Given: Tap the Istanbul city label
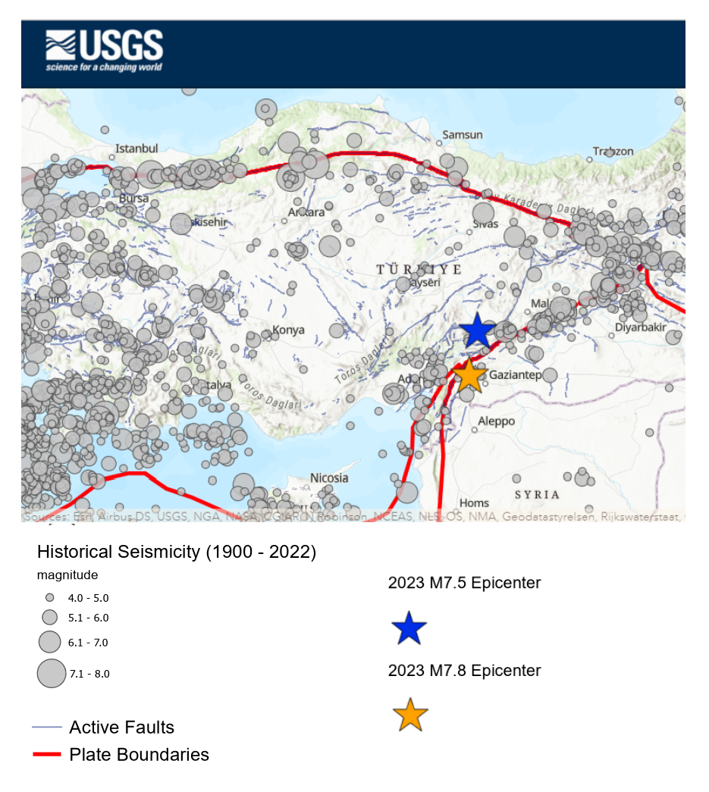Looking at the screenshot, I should (136, 149).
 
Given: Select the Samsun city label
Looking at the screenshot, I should (462, 135).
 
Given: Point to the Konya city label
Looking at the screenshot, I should (288, 330).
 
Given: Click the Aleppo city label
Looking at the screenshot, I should (496, 421).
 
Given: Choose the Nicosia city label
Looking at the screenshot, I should (329, 478).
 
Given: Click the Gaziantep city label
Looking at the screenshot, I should (516, 375).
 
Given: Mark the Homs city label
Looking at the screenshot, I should (475, 502).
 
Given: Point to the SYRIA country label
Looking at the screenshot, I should (537, 494).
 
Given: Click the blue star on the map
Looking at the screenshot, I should (478, 331).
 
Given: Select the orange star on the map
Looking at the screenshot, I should (469, 375).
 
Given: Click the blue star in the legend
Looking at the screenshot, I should (409, 628).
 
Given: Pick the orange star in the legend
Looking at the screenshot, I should (410, 715).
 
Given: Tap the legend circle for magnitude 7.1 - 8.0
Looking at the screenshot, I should (52, 673).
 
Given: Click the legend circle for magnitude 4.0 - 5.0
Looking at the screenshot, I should (50, 597).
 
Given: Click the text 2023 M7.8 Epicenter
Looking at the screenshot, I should (464, 671).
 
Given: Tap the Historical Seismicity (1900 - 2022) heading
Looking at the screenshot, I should (176, 552).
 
